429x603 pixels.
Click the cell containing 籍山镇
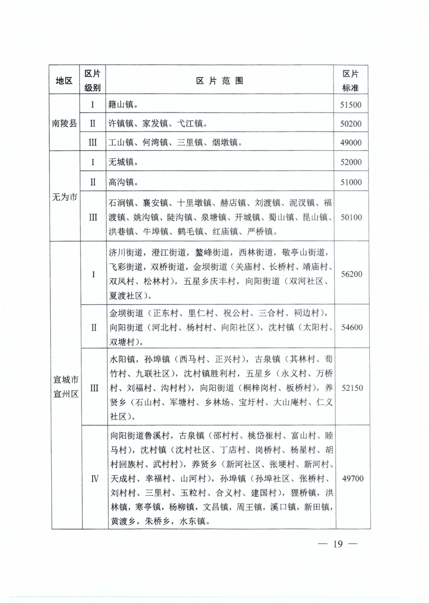[123, 104]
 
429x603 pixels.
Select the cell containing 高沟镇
[123, 181]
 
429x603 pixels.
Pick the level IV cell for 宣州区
[93, 478]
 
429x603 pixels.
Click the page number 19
[338, 544]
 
